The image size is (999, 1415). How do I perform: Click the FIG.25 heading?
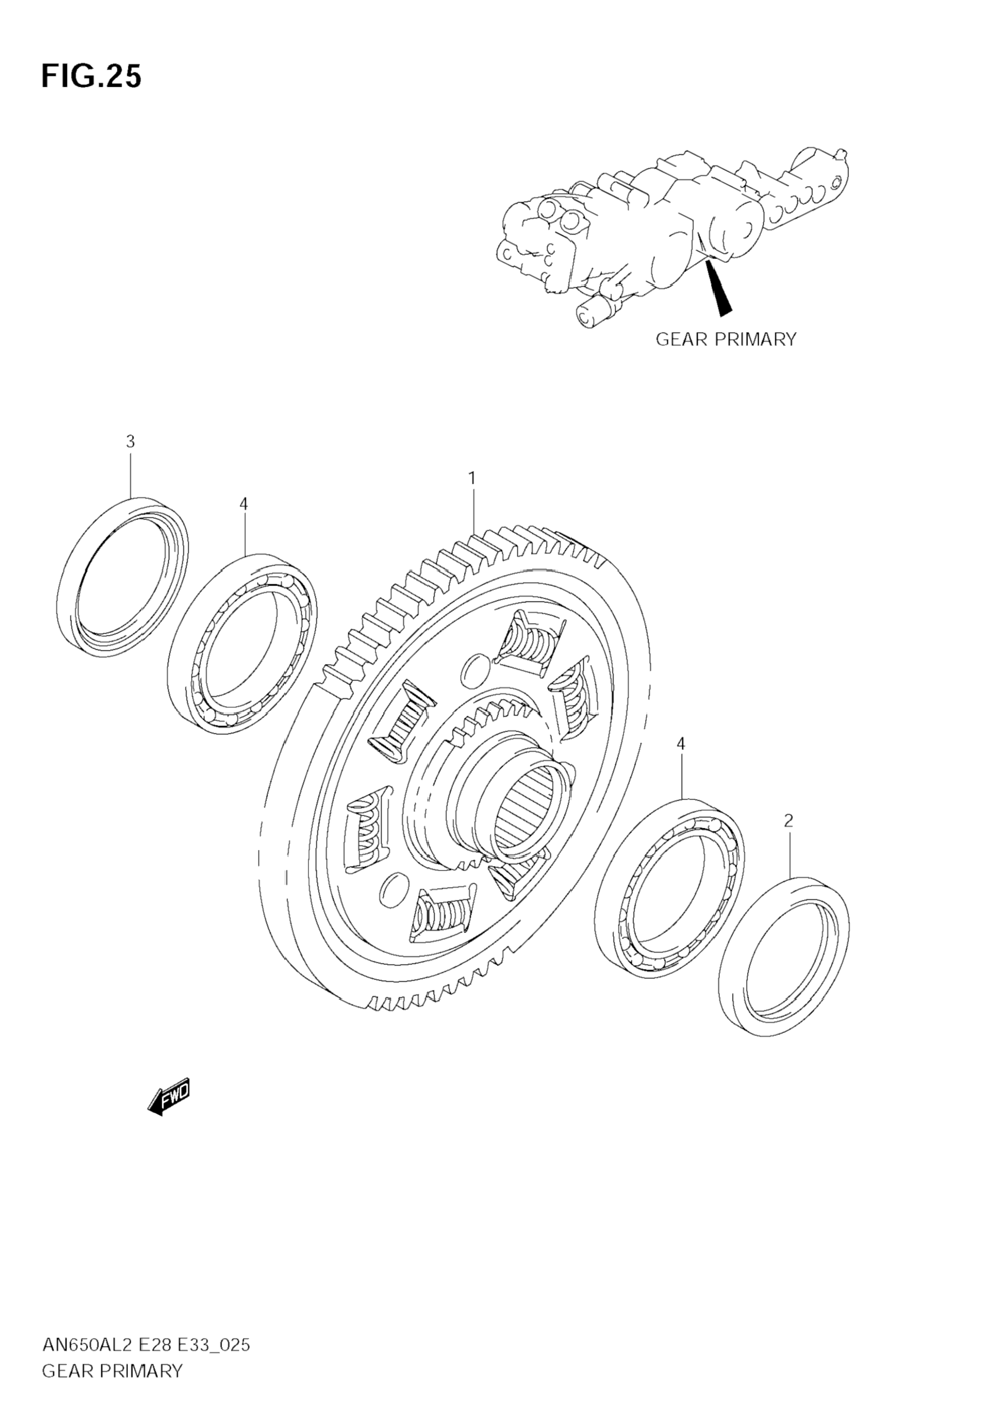click(91, 76)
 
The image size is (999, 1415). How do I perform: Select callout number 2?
click(788, 820)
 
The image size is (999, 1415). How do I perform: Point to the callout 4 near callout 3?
click(244, 504)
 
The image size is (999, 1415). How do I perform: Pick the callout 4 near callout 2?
click(681, 744)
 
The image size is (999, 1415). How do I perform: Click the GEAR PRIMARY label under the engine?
click(726, 339)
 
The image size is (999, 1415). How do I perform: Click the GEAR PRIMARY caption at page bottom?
click(112, 1371)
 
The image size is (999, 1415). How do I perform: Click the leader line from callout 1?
click(473, 511)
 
